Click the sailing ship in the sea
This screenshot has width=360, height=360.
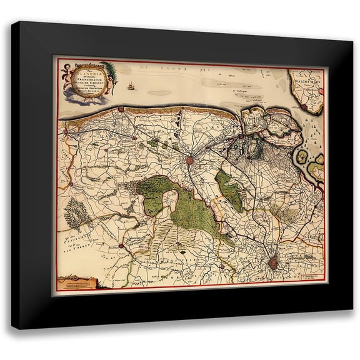[x=131, y=86]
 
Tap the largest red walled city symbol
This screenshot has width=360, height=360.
[x=272, y=264]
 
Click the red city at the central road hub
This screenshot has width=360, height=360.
[x=189, y=161]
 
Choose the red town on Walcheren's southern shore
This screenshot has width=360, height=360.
[x=304, y=107]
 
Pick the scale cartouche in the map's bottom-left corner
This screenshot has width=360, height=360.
[x=77, y=281]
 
